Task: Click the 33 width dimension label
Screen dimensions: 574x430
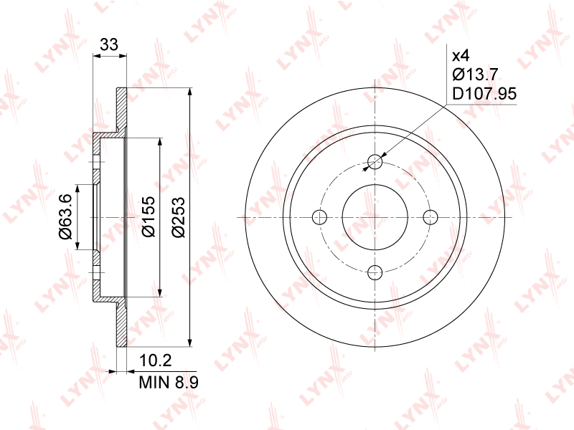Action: coord(109,44)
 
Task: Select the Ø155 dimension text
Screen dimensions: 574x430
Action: coord(149,216)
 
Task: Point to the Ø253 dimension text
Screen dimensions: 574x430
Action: coord(179,217)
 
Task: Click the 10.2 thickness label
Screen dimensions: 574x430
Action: coord(155,360)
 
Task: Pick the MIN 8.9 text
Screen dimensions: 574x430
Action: coord(169,383)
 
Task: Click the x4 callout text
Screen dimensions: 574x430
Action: coord(461,56)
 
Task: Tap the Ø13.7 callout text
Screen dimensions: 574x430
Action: coord(475,75)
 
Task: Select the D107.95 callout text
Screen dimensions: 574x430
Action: coord(484,94)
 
